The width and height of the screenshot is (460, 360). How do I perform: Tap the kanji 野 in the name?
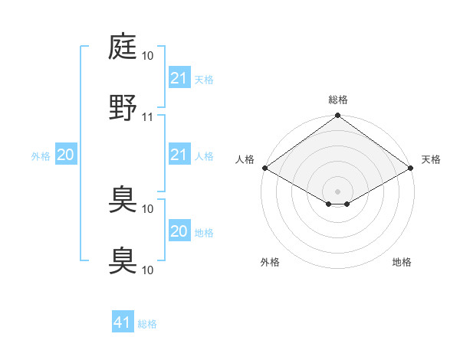click(123, 107)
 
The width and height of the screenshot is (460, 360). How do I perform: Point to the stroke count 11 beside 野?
click(148, 116)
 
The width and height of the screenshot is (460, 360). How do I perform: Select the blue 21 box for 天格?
click(179, 77)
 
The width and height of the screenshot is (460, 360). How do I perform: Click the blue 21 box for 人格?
click(179, 155)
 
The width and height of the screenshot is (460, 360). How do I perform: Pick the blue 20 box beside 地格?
click(179, 231)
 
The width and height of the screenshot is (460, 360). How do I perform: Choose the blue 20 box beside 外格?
click(65, 155)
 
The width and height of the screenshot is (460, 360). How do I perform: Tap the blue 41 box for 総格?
click(123, 322)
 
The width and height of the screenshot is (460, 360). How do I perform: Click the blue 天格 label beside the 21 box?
click(204, 79)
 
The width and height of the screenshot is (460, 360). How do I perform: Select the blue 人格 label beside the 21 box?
click(204, 156)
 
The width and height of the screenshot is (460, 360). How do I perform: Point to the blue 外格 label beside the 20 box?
click(41, 156)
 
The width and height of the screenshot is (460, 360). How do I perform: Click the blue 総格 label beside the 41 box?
click(147, 324)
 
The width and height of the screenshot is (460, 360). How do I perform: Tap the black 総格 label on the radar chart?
click(338, 100)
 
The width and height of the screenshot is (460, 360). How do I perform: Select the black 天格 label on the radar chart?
click(431, 159)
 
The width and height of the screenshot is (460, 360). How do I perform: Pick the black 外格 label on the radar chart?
click(270, 262)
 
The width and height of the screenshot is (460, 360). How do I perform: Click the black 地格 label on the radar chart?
click(402, 262)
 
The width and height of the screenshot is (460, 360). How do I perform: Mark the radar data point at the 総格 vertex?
click(338, 116)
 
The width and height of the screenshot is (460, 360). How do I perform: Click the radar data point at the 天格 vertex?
click(412, 169)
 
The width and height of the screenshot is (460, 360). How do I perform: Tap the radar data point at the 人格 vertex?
click(264, 169)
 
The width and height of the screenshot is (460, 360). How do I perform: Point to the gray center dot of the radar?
click(338, 190)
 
